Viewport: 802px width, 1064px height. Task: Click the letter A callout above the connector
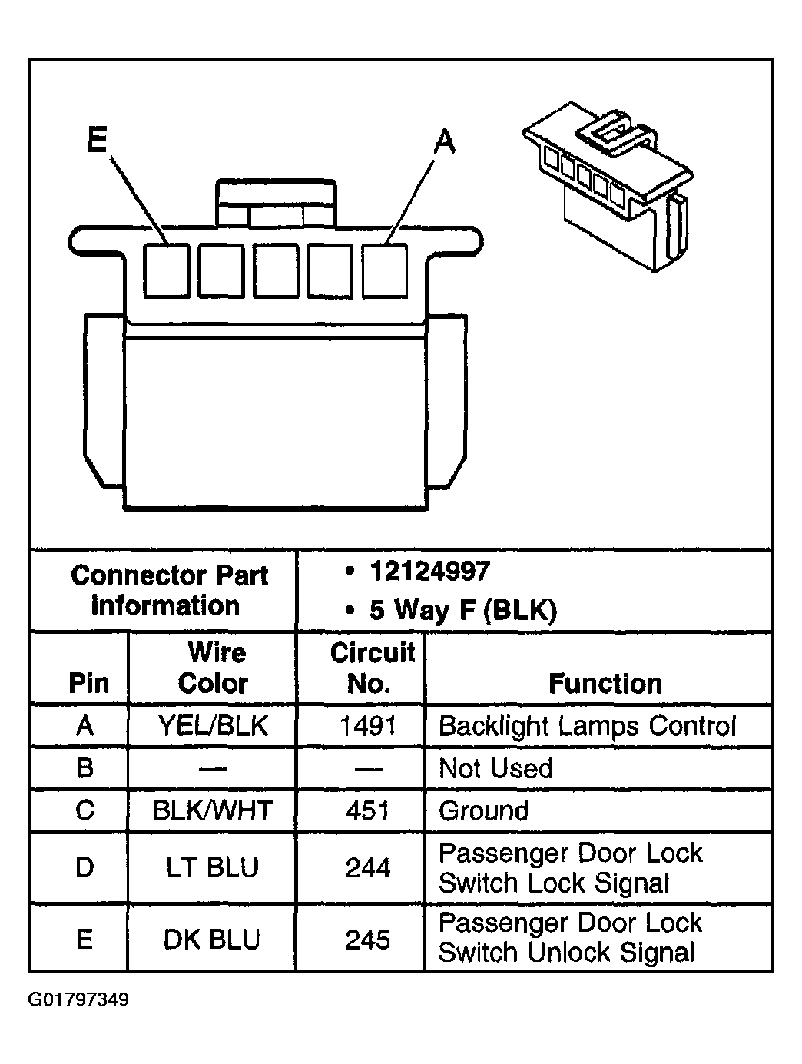click(x=444, y=142)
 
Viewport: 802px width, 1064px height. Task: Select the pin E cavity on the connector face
click(x=167, y=270)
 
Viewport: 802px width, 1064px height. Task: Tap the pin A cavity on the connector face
click(x=385, y=270)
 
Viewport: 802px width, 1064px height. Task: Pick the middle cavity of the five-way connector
click(x=276, y=270)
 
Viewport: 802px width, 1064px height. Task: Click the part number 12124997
click(x=429, y=572)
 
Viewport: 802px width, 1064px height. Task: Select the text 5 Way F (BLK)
click(x=462, y=610)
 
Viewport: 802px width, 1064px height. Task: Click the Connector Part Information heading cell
click(x=168, y=590)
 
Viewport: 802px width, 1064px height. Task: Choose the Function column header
click(x=605, y=683)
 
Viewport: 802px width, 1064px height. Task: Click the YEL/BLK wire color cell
click(x=213, y=726)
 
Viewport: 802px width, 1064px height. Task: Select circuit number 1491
click(x=368, y=726)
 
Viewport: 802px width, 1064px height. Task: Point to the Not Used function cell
click(x=495, y=768)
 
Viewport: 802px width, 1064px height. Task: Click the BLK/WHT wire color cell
click(x=213, y=810)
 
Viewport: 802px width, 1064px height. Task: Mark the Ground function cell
click(x=483, y=810)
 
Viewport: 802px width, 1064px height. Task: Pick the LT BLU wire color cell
click(x=213, y=867)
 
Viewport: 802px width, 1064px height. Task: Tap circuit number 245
click(x=368, y=939)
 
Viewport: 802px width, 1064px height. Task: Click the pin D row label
click(x=85, y=867)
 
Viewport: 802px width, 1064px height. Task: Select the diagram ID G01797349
click(x=78, y=1000)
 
